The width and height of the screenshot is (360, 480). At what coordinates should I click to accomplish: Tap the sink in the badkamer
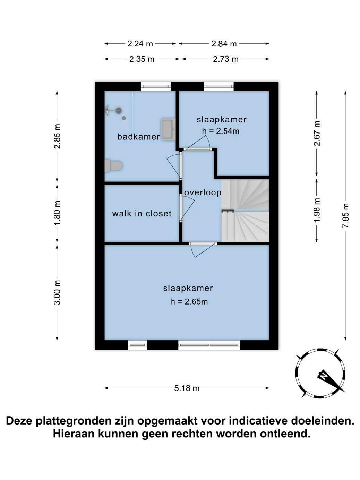(x=168, y=129)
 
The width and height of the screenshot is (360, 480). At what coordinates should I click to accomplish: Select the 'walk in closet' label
(x=142, y=213)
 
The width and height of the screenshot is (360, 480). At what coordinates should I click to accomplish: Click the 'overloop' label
(x=203, y=192)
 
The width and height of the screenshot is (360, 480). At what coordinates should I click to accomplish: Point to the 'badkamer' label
(x=139, y=137)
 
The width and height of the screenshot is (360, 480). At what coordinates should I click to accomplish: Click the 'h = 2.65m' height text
(x=189, y=302)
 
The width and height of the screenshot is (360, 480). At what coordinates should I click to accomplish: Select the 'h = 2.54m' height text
(x=221, y=131)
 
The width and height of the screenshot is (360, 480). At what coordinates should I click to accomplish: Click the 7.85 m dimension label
(x=345, y=216)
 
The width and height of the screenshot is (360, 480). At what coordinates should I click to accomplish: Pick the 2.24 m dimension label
(x=140, y=44)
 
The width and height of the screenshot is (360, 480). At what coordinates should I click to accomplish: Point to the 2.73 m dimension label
(x=225, y=59)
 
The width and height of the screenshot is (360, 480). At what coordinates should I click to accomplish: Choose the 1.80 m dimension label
(x=57, y=213)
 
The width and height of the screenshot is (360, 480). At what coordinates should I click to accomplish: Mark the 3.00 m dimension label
(x=57, y=292)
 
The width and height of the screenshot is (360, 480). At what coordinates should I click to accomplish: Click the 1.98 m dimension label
(x=317, y=210)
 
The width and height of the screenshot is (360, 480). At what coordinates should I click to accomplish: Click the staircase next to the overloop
(x=245, y=211)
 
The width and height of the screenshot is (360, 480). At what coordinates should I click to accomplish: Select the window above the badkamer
(x=156, y=86)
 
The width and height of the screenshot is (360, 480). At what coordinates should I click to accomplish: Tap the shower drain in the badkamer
(x=124, y=118)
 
